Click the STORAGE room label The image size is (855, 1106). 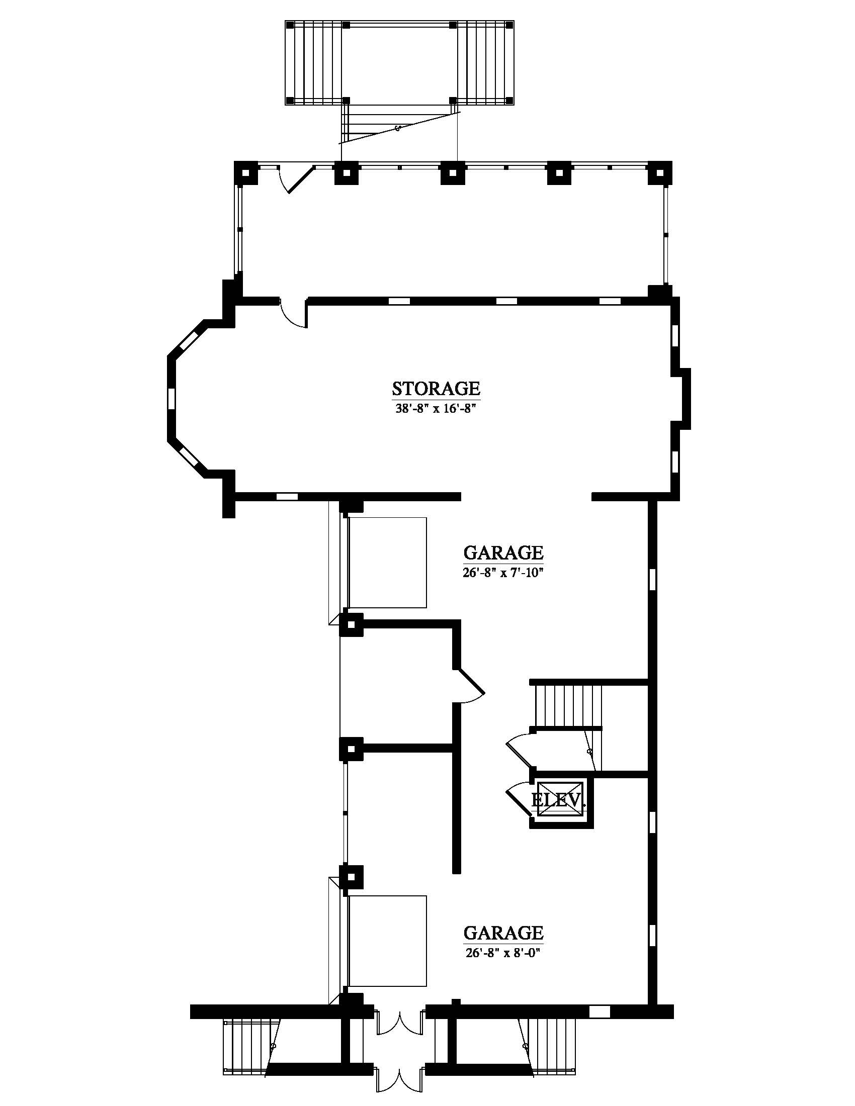(436, 389)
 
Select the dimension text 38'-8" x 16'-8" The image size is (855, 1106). (436, 408)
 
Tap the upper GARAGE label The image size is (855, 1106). (503, 552)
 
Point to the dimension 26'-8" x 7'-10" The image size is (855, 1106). (503, 572)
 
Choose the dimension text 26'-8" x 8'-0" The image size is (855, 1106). (503, 953)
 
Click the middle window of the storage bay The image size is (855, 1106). (171, 398)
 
